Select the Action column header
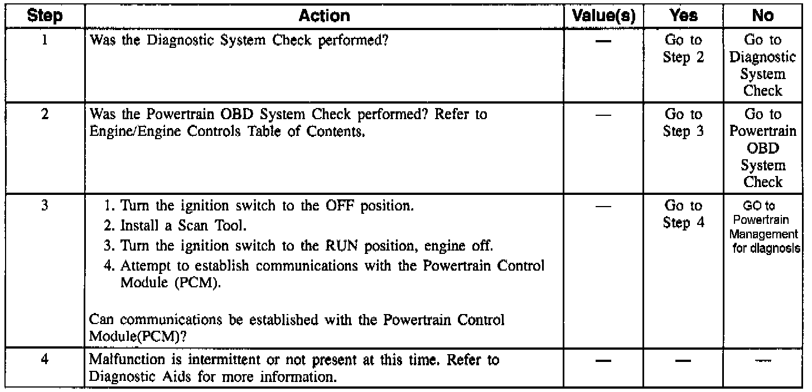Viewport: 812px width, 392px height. pos(324,16)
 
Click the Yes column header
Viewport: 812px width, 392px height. pos(683,16)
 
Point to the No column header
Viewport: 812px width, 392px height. pos(762,16)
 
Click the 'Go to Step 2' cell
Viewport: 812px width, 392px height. pos(683,49)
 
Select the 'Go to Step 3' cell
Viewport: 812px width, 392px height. pos(683,123)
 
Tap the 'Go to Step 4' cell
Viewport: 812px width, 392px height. pos(683,214)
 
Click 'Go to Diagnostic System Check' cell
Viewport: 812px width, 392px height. pos(762,66)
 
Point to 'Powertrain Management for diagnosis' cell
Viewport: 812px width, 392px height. pos(762,226)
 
